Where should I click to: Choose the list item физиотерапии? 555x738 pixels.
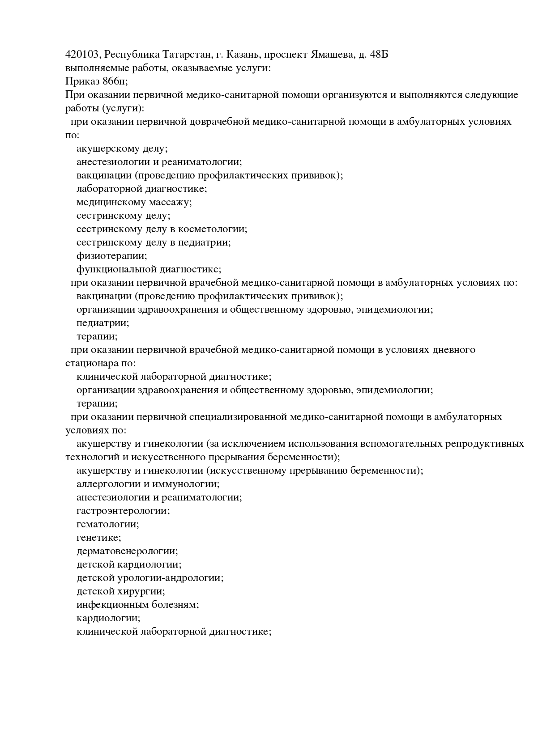click(111, 256)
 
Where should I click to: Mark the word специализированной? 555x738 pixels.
click(237, 417)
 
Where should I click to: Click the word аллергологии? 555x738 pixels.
click(109, 484)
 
